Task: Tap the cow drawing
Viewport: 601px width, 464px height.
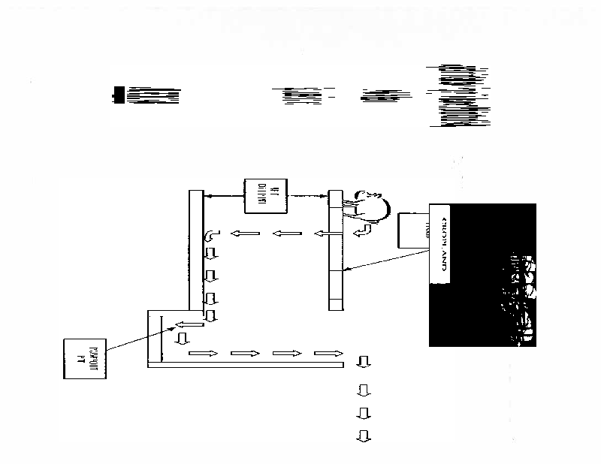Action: point(367,203)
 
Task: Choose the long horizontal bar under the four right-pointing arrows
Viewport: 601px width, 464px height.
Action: point(246,365)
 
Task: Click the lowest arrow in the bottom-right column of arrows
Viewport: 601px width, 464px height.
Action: point(364,435)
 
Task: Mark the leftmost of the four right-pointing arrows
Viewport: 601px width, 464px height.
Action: point(201,352)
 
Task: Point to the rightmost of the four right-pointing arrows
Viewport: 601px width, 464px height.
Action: point(328,352)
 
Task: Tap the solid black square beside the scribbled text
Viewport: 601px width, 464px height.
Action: point(118,93)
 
